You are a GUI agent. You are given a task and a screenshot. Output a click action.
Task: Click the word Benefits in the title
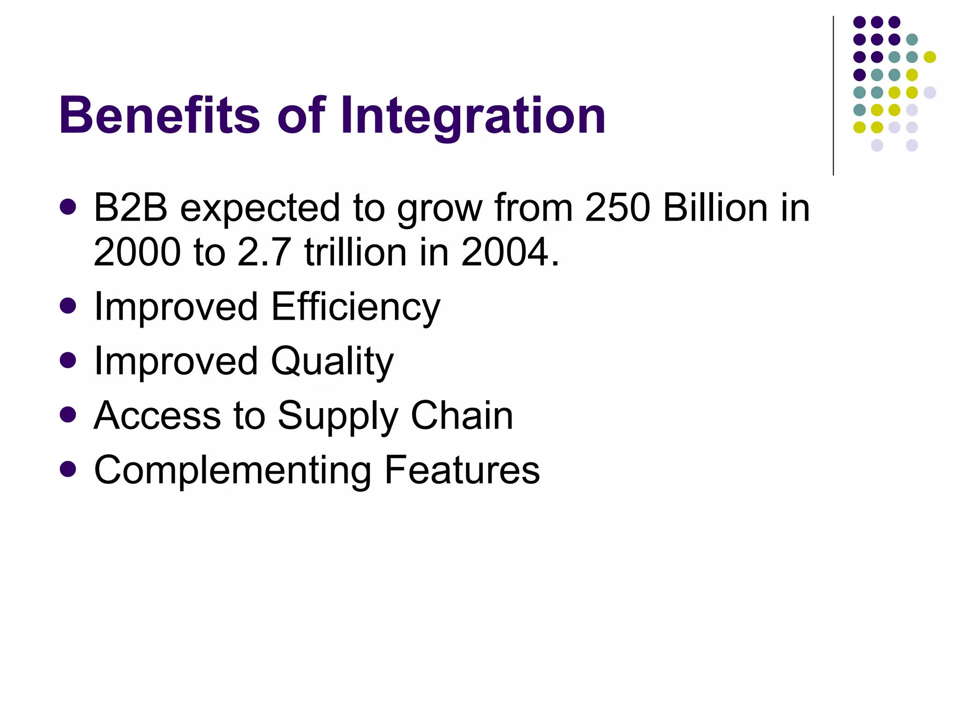click(x=159, y=115)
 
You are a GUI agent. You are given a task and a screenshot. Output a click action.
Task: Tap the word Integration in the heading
click(x=473, y=116)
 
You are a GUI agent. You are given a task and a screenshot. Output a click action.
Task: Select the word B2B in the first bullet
click(x=130, y=208)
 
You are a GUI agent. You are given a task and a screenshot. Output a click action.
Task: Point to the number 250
click(x=617, y=208)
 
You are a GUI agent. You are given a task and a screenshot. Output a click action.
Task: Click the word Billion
click(x=715, y=208)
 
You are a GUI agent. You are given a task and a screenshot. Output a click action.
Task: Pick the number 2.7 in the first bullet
click(x=264, y=252)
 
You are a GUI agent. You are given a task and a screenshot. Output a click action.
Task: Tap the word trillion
click(x=356, y=252)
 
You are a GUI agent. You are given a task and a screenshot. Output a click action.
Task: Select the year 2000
click(x=137, y=252)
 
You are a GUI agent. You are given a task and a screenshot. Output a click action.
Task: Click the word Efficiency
click(x=356, y=307)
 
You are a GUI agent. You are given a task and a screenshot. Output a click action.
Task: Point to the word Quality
click(x=332, y=361)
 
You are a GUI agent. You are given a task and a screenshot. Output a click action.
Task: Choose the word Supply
click(x=338, y=416)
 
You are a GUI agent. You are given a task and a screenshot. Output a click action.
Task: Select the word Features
click(x=462, y=470)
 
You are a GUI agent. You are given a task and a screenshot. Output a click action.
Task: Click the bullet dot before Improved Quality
click(x=68, y=360)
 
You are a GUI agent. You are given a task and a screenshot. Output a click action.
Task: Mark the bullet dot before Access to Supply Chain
click(x=68, y=415)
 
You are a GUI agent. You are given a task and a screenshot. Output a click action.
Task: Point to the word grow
click(x=439, y=208)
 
